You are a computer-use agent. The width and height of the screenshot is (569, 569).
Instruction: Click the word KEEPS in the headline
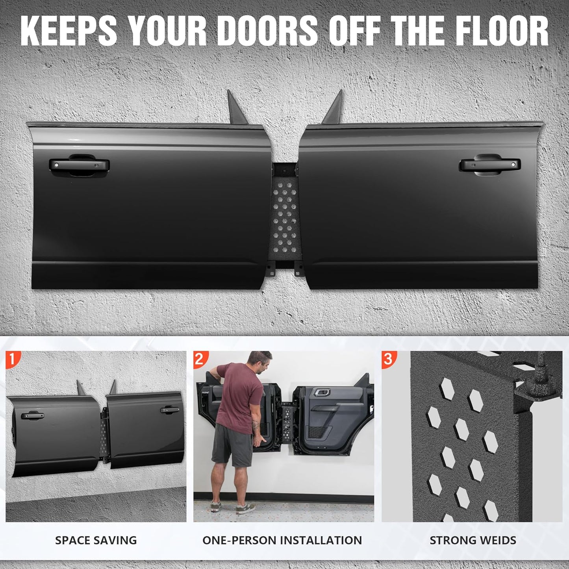[x=69, y=32]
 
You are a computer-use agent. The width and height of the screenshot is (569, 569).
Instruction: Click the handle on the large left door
[x=79, y=165]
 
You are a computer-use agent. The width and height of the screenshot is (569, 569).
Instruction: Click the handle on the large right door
[x=489, y=165]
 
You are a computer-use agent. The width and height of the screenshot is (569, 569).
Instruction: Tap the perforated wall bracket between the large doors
[x=285, y=219]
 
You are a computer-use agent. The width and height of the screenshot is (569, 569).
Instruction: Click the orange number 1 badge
[x=13, y=360]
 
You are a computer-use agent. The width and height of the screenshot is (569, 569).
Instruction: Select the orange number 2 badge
[x=200, y=360]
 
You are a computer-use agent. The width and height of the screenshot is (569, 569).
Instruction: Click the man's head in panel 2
[x=259, y=362]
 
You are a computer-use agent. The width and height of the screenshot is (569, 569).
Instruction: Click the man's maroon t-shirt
[x=238, y=396]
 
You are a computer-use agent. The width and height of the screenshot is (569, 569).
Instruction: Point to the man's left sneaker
[x=216, y=506]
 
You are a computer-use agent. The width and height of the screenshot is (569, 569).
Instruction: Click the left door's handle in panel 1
[x=32, y=416]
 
